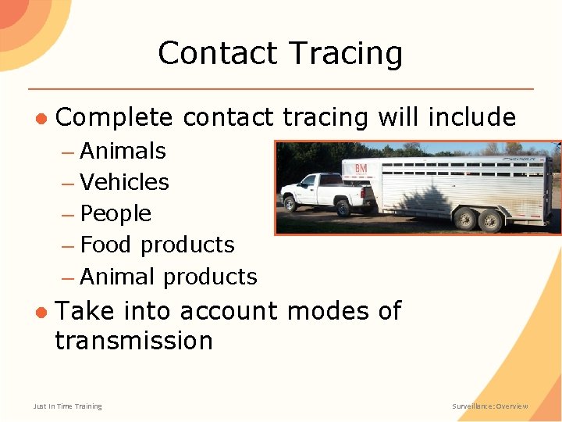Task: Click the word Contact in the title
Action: point(218,54)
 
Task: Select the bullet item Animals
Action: point(123,151)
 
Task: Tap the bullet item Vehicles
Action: point(124,182)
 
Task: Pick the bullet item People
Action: point(116,213)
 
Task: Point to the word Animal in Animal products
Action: point(119,277)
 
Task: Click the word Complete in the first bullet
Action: point(114,117)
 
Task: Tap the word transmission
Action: point(133,341)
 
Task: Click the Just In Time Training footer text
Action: point(67,406)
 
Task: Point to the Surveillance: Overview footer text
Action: point(490,406)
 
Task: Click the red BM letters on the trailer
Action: point(361,169)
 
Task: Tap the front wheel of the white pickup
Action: point(290,204)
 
